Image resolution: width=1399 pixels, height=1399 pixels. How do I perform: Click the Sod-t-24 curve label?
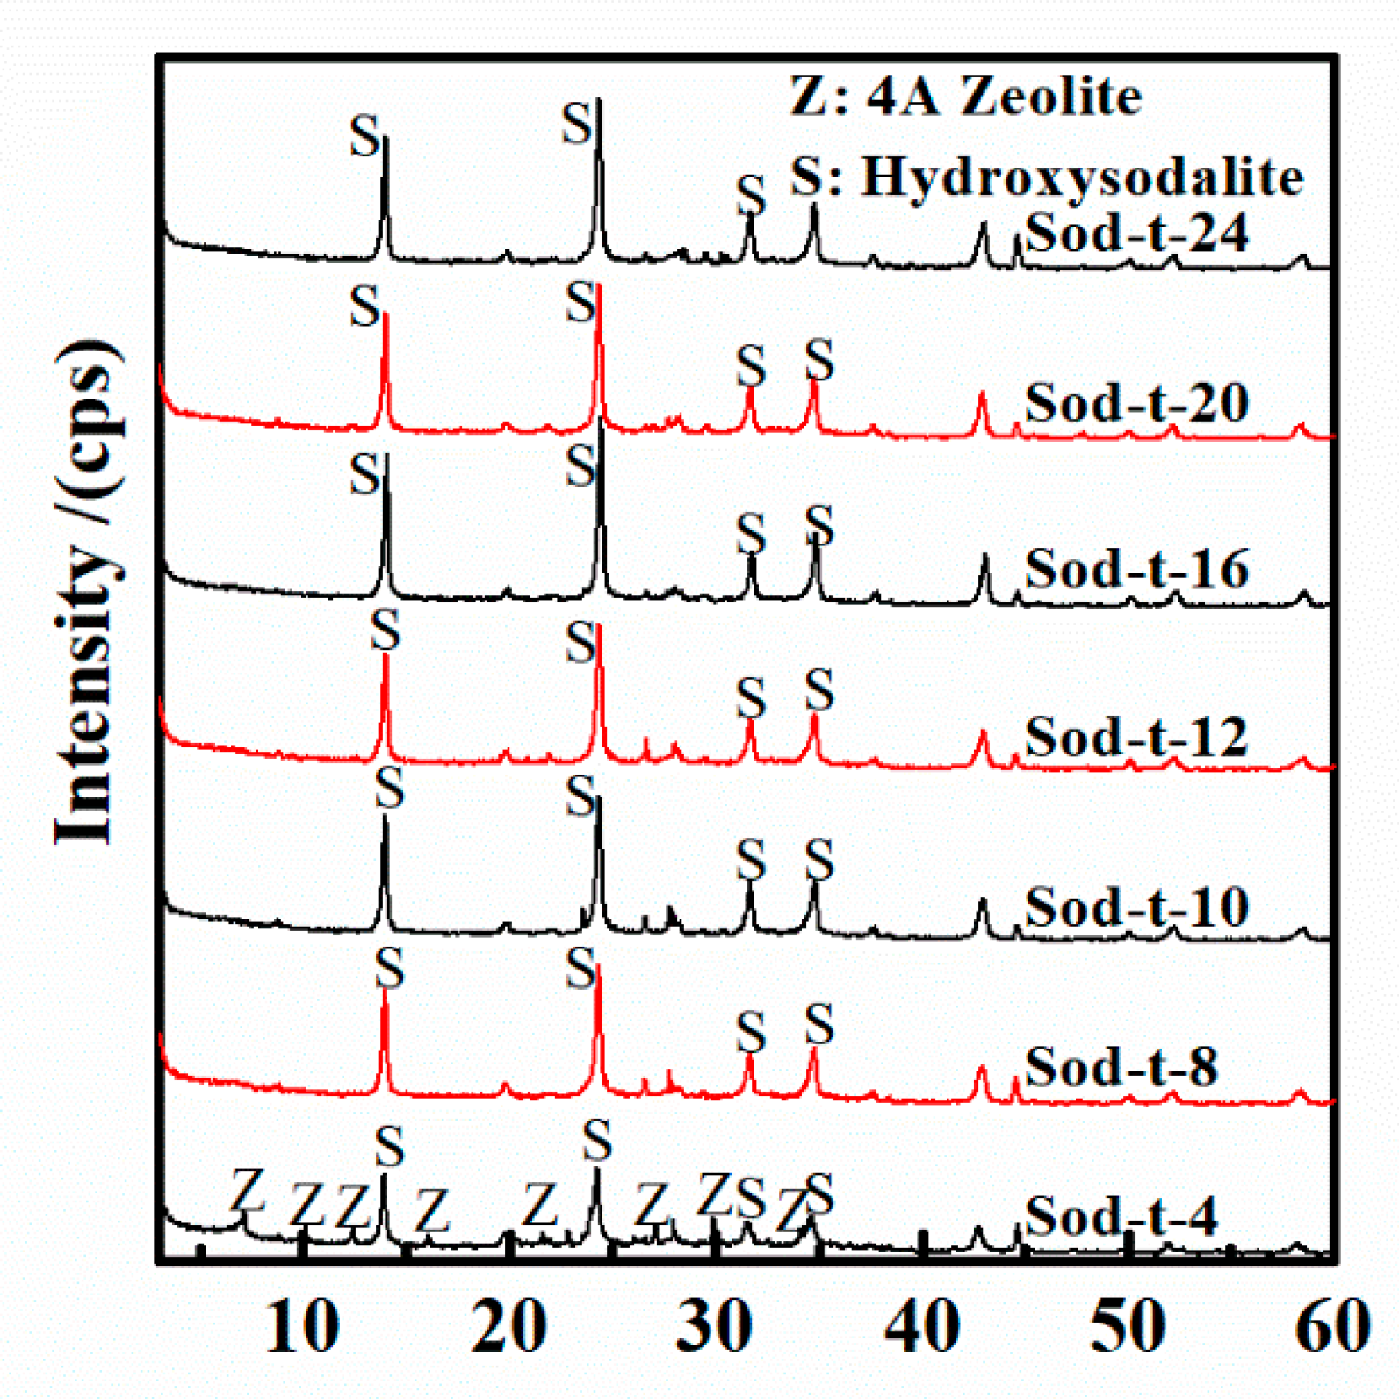tap(1136, 234)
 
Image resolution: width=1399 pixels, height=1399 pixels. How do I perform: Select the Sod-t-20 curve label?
tap(1136, 403)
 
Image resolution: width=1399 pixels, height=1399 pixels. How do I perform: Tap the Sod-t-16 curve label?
tap(1136, 569)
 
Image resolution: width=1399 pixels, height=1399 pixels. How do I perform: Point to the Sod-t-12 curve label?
tap(1136, 737)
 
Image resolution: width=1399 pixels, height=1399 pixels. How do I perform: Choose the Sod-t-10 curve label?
tap(1136, 906)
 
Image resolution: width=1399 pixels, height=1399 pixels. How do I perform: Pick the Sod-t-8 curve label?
tap(1121, 1067)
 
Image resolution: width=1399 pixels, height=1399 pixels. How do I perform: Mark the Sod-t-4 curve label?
tap(1121, 1216)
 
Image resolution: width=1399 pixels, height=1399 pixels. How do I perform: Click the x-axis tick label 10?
tap(301, 1326)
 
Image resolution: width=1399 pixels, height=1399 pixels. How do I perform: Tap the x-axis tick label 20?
tap(508, 1326)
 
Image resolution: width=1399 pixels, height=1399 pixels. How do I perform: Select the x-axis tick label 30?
tap(714, 1326)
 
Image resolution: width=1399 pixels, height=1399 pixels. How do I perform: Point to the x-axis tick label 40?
tap(921, 1326)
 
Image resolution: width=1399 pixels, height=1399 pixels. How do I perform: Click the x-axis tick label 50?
tap(1128, 1326)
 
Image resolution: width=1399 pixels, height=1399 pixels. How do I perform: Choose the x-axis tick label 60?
tap(1332, 1326)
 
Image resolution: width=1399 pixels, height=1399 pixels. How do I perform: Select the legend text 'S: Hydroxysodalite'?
tap(1046, 177)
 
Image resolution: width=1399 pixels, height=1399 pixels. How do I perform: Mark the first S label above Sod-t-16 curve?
tap(364, 475)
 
